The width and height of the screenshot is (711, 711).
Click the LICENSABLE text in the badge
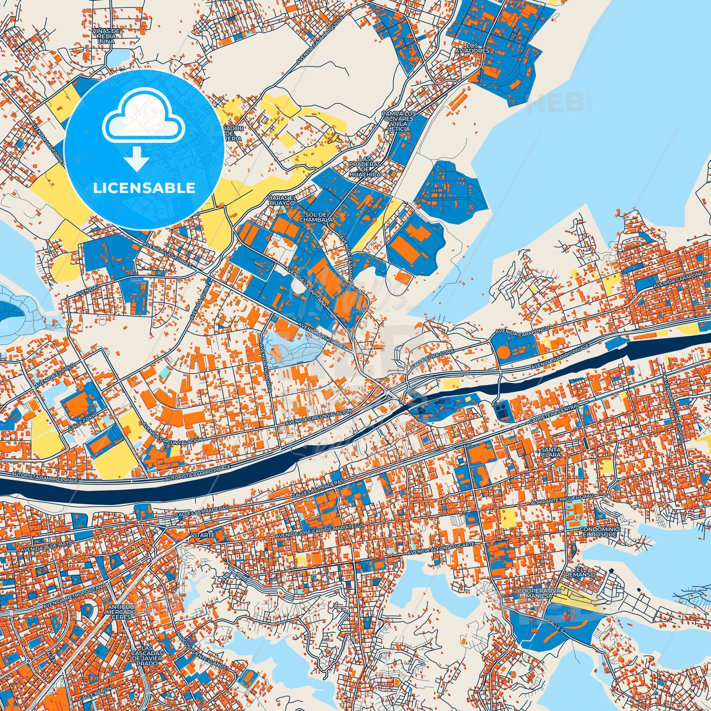tap(144, 188)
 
